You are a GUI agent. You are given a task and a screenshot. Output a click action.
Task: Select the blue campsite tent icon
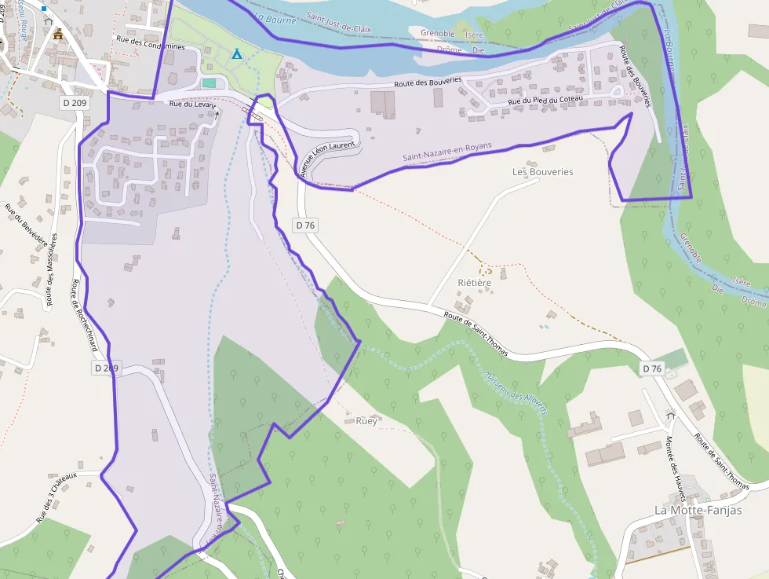click(237, 54)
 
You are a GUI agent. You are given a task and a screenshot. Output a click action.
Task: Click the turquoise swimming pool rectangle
click(209, 82)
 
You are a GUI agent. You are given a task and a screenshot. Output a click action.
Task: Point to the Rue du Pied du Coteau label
click(545, 99)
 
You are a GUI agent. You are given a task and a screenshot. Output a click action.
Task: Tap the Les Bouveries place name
click(542, 171)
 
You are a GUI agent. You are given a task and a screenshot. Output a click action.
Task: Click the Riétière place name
click(474, 282)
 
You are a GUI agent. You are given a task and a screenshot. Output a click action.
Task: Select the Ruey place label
click(366, 420)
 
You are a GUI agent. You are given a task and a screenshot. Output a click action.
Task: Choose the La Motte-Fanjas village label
click(698, 510)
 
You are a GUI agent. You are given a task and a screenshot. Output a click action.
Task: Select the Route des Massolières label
click(51, 269)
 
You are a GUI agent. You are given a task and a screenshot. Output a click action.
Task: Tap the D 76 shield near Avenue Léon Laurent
click(305, 225)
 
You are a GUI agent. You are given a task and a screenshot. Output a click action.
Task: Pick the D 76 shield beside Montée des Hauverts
click(653, 368)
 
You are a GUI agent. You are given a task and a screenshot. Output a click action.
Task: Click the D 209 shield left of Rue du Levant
click(75, 103)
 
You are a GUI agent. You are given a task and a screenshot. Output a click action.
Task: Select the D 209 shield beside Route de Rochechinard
click(107, 368)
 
